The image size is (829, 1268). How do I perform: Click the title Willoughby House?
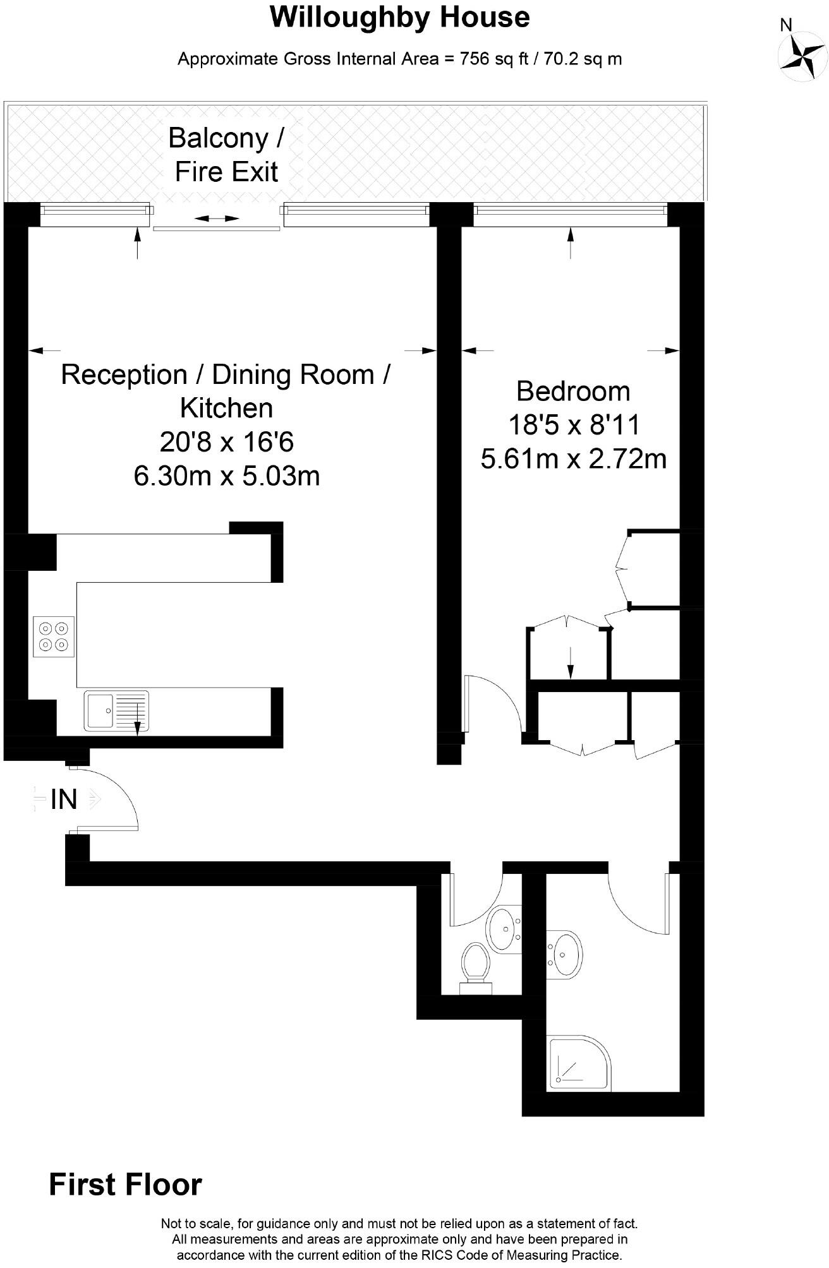point(399,17)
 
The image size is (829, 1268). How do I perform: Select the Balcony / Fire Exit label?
point(226,155)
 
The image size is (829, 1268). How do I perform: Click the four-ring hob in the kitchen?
point(54,637)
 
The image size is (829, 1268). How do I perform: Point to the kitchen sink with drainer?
point(116,711)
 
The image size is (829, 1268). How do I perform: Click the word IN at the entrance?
point(64,799)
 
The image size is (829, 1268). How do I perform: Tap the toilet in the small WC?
point(476,968)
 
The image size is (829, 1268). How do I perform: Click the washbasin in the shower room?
point(564,954)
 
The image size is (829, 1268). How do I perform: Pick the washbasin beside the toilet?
point(504,928)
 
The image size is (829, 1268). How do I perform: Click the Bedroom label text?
point(573,391)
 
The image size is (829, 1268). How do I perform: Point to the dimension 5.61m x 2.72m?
point(574,458)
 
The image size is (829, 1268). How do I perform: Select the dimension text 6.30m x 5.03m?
point(227,475)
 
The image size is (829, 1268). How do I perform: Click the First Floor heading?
point(126,1185)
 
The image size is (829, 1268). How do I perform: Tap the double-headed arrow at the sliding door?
point(217,218)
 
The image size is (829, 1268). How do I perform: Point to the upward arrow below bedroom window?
point(571,242)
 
